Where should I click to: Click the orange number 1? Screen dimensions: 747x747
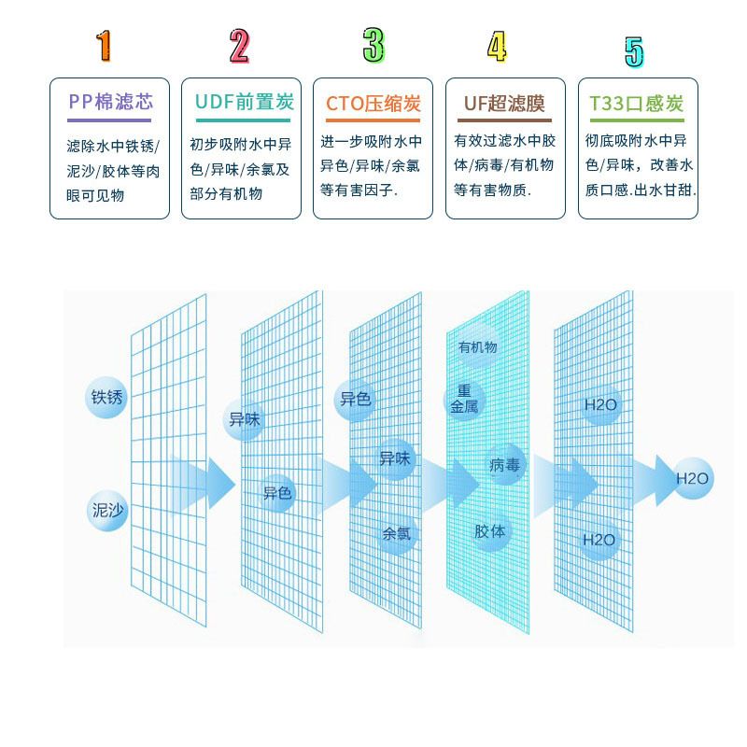(x=105, y=46)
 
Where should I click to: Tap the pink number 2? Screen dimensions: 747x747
(x=239, y=46)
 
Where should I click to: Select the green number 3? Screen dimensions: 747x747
(x=373, y=45)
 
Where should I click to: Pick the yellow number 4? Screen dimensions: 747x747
(x=497, y=46)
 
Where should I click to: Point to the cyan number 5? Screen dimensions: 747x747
(x=634, y=52)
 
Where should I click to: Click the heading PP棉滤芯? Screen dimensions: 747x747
(x=110, y=102)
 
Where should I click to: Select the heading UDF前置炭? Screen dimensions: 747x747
(x=245, y=102)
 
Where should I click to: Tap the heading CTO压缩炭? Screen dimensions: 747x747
(x=373, y=104)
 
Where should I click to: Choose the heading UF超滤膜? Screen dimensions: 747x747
(x=504, y=104)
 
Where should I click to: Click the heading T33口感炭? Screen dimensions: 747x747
(x=637, y=104)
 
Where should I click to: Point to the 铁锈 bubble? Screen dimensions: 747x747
(x=106, y=397)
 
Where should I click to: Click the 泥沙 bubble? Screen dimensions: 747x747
(x=107, y=510)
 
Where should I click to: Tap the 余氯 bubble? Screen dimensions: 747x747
(x=397, y=533)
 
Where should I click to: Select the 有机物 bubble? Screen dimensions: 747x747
(x=477, y=346)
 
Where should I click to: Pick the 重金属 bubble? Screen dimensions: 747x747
(x=464, y=400)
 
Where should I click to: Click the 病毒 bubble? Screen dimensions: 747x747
(x=504, y=464)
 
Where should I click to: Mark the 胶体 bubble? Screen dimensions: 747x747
(x=490, y=530)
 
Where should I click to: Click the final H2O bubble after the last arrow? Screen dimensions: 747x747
(x=693, y=478)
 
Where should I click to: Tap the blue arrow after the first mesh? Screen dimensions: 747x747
(x=202, y=484)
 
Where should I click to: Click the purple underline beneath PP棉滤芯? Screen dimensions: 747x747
(x=109, y=120)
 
